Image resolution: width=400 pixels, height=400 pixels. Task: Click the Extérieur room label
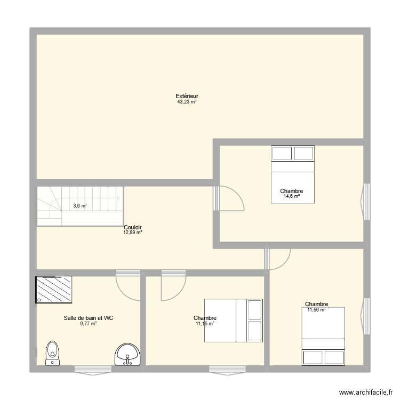point(187,97)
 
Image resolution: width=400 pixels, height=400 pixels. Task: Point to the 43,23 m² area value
point(187,102)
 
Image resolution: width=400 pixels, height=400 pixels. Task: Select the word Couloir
point(133,227)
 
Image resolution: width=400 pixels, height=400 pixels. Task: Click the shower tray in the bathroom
point(54,290)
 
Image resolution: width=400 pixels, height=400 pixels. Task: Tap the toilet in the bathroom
point(52,353)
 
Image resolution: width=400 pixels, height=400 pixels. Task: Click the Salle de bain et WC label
point(88,318)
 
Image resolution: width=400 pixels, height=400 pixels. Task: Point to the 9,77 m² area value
point(88,323)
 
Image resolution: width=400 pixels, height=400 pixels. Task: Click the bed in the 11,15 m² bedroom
point(234,320)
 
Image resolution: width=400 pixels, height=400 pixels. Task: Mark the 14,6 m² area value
point(291,196)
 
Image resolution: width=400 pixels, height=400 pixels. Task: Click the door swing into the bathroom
point(128,285)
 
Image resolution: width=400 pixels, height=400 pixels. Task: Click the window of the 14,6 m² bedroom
point(366,202)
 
